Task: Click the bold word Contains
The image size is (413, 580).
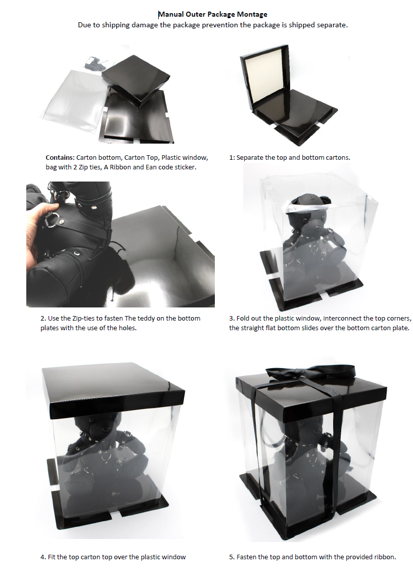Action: [x=60, y=158]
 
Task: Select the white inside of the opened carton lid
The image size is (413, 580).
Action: [x=264, y=82]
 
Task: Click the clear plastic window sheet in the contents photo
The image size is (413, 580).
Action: [x=74, y=96]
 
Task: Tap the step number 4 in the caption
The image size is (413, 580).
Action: [x=43, y=557]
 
